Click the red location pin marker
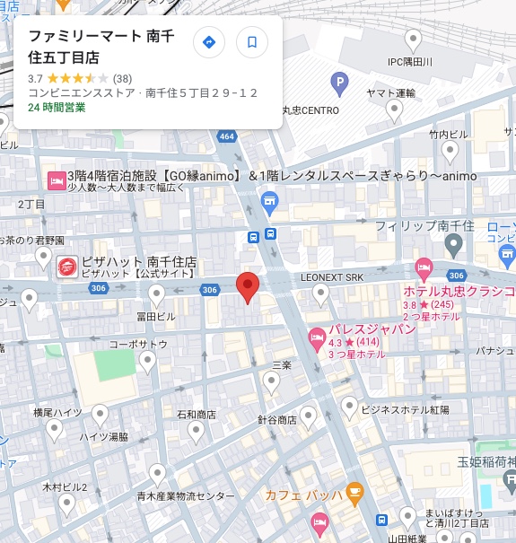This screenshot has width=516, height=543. coord(248,286)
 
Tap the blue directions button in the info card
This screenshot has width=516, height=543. coord(209,42)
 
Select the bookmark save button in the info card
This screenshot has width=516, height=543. coord(252,42)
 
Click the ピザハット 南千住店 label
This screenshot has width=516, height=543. coord(140,261)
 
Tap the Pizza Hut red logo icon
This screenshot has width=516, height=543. coord(67,267)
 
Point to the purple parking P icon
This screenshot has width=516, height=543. coord(339,85)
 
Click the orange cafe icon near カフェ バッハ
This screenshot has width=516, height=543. coord(355,492)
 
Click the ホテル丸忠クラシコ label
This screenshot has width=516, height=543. coord(459,292)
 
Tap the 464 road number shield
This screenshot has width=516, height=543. coord(226,136)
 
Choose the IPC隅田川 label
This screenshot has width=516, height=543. coord(409,61)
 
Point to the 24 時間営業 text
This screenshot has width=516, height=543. coord(57,107)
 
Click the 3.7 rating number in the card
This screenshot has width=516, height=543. coord(36,78)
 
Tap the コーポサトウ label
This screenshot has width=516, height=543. coord(138,344)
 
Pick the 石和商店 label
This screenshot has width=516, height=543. coord(196,415)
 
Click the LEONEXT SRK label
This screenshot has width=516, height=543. coord(332,277)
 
